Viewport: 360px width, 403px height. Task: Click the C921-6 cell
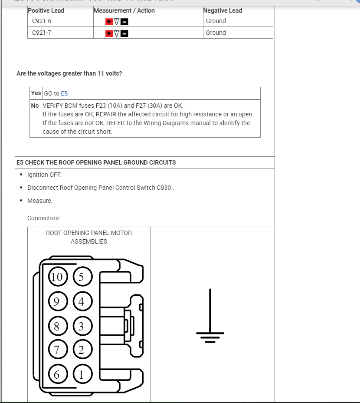click(x=42, y=21)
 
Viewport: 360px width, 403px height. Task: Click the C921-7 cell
click(x=42, y=33)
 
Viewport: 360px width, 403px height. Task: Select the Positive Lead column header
click(x=46, y=10)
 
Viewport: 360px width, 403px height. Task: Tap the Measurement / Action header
click(x=124, y=10)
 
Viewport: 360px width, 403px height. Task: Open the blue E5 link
click(x=64, y=93)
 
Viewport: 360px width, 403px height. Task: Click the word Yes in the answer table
click(x=36, y=93)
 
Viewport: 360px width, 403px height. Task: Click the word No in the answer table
click(x=35, y=106)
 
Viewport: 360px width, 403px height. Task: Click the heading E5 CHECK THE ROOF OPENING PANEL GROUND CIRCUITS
click(x=96, y=162)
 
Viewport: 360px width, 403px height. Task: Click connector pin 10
click(x=57, y=277)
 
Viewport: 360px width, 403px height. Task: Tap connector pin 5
click(x=82, y=277)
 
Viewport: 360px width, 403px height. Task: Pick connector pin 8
click(x=57, y=326)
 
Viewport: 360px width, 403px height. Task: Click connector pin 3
click(x=82, y=326)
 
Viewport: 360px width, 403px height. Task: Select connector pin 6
click(x=57, y=374)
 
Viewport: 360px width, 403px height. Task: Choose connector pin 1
click(x=82, y=374)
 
